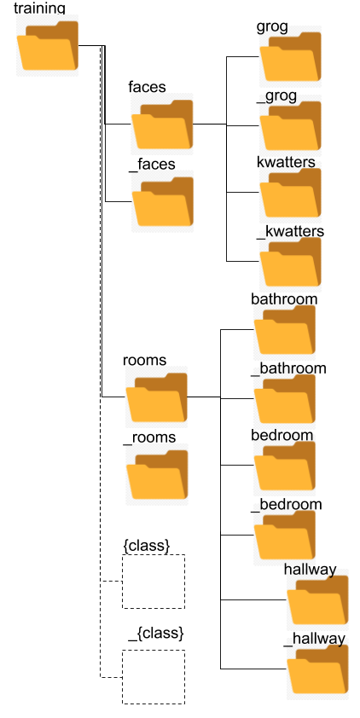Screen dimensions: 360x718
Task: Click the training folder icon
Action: pyautogui.click(x=48, y=45)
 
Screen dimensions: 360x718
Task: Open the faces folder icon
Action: pyautogui.click(x=162, y=124)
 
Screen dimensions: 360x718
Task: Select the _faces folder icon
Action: pyautogui.click(x=163, y=201)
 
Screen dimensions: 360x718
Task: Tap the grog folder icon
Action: pyautogui.click(x=290, y=57)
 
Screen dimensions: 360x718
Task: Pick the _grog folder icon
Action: pyautogui.click(x=290, y=125)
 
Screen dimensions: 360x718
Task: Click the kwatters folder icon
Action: pyautogui.click(x=290, y=193)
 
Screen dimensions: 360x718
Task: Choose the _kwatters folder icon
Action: pyautogui.click(x=290, y=262)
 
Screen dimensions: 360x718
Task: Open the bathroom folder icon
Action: pyautogui.click(x=284, y=329)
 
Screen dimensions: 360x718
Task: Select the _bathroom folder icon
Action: pyautogui.click(x=284, y=398)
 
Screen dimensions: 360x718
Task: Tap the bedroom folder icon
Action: pyautogui.click(x=284, y=466)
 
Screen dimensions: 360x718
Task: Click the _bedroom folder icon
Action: pyautogui.click(x=284, y=535)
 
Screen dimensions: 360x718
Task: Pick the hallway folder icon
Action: pyautogui.click(x=318, y=599)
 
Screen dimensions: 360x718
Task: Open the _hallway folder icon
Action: pyautogui.click(x=318, y=669)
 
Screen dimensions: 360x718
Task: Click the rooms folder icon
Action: pyautogui.click(x=157, y=397)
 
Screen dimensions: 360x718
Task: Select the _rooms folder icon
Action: pyautogui.click(x=157, y=474)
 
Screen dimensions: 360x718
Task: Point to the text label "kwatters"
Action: pyautogui.click(x=287, y=162)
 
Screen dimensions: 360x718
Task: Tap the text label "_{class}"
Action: pyautogui.click(x=156, y=634)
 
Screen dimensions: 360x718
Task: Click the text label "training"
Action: pyautogui.click(x=39, y=9)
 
